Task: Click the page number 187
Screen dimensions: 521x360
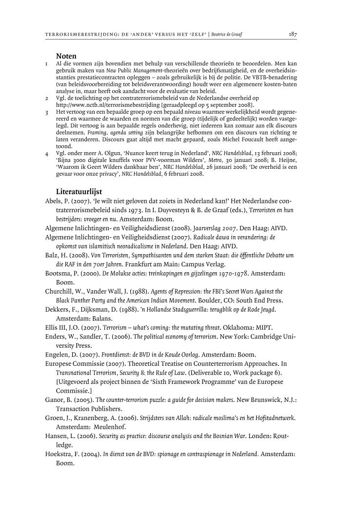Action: point(293,35)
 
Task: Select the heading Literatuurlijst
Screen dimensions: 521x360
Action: point(79,192)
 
